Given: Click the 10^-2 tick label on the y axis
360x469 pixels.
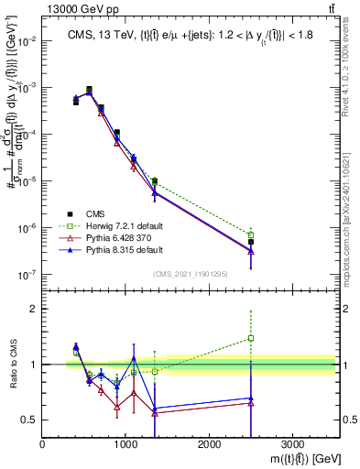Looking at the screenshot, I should point(27,41).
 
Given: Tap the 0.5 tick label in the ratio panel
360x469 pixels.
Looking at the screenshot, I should point(29,420).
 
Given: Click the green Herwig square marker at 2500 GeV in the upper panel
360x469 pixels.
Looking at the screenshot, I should point(251,234).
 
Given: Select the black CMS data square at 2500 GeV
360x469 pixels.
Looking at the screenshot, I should point(251,242).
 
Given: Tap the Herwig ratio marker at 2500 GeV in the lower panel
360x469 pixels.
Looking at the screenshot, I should point(251,338).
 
